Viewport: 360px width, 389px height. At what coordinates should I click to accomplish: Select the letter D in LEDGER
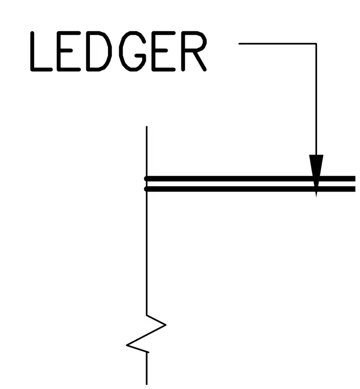pos(99,51)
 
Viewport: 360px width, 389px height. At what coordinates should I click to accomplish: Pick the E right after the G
pos(164,51)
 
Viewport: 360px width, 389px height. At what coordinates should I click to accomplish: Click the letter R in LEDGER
pos(194,51)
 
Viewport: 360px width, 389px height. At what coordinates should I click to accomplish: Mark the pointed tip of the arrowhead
pos(316,197)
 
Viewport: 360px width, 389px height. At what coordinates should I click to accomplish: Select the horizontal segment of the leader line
pos(278,44)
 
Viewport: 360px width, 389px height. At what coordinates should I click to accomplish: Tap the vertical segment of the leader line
pos(316,99)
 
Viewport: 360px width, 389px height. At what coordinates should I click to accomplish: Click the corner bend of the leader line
pos(316,44)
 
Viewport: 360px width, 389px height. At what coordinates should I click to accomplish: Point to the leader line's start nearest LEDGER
pos(239,44)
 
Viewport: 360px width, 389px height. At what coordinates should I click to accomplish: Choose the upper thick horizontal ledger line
pos(250,179)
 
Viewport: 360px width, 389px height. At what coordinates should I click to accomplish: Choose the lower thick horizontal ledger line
pos(250,189)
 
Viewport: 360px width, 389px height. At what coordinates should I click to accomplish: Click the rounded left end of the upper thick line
pos(146,179)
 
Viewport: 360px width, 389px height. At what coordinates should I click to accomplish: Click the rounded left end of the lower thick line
pos(146,189)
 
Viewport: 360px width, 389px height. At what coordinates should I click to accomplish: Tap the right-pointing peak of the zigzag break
pos(166,325)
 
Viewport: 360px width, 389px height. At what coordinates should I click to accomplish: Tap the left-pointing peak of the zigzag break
pos(127,345)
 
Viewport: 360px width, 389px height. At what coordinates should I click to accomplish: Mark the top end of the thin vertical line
pos(147,126)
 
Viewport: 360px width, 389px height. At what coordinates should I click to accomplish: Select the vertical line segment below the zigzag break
pos(147,368)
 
